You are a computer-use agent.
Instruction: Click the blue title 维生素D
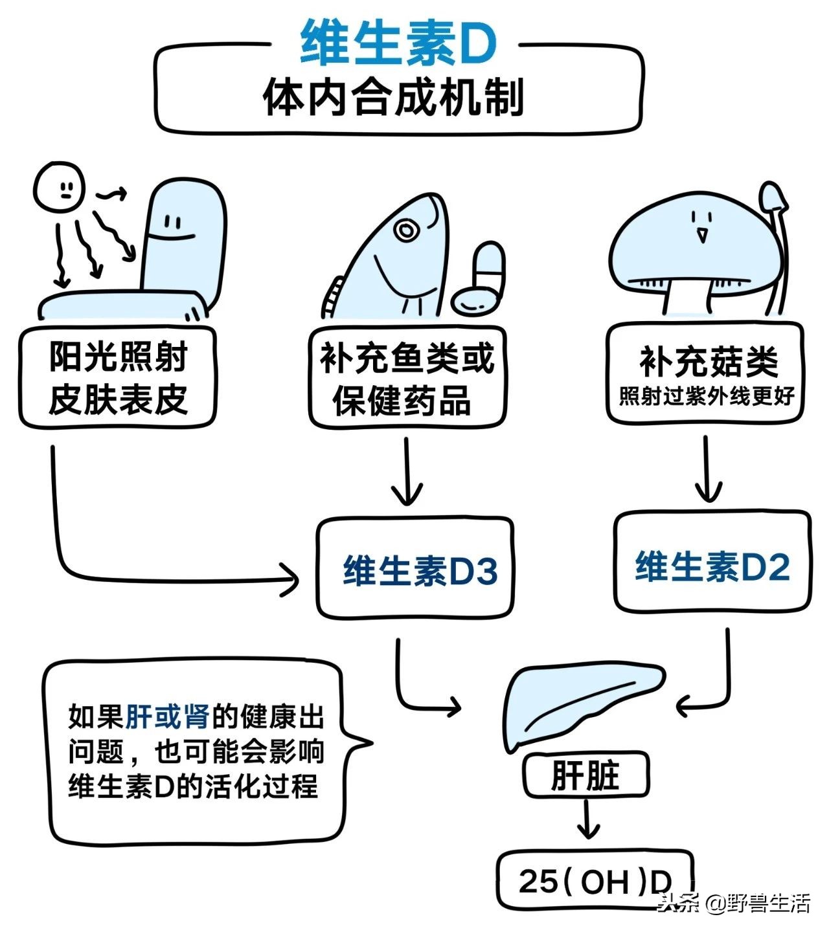click(x=398, y=43)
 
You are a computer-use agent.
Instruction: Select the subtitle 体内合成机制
click(x=393, y=98)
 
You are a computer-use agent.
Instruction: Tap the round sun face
click(x=59, y=187)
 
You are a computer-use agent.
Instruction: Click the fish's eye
click(x=406, y=230)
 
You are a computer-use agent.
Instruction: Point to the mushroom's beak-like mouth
click(x=701, y=234)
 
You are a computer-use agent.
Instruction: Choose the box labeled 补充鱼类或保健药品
click(x=407, y=379)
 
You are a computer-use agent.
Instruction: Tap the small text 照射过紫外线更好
click(x=706, y=396)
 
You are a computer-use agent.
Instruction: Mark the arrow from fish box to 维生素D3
click(x=407, y=472)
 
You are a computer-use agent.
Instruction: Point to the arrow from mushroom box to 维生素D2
click(x=707, y=469)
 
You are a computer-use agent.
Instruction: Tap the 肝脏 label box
click(x=585, y=775)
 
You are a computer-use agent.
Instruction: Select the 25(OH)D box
click(x=594, y=882)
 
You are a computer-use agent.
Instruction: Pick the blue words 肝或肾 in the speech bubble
click(x=168, y=716)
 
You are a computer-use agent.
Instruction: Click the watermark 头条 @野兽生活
click(x=734, y=903)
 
